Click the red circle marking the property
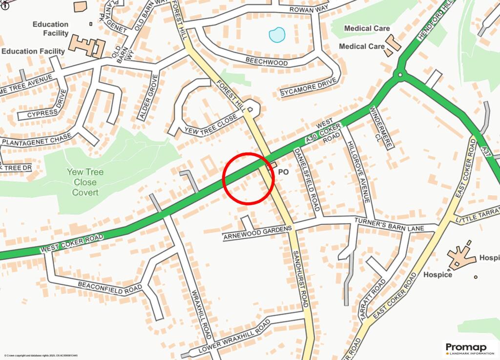coord(248,178)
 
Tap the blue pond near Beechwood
coord(277,35)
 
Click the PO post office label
coord(283,172)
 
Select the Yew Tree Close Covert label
coord(85,182)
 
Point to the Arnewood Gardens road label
coord(257,233)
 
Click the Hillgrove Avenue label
coord(359,172)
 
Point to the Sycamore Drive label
coord(309,86)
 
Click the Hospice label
coord(437,275)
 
